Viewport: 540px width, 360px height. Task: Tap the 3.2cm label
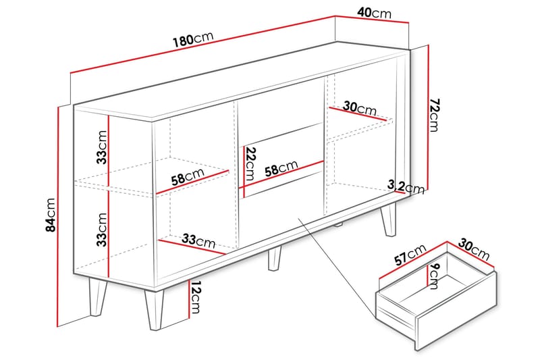[406, 186]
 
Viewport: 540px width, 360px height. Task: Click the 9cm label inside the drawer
[434, 276]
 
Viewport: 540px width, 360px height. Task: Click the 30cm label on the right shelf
[359, 108]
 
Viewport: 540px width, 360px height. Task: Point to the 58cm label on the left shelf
[187, 178]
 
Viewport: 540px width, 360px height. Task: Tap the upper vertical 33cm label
[101, 148]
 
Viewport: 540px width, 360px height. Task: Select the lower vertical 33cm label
[101, 229]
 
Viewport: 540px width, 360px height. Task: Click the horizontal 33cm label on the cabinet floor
[198, 240]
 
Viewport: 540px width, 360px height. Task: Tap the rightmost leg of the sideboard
[389, 219]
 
